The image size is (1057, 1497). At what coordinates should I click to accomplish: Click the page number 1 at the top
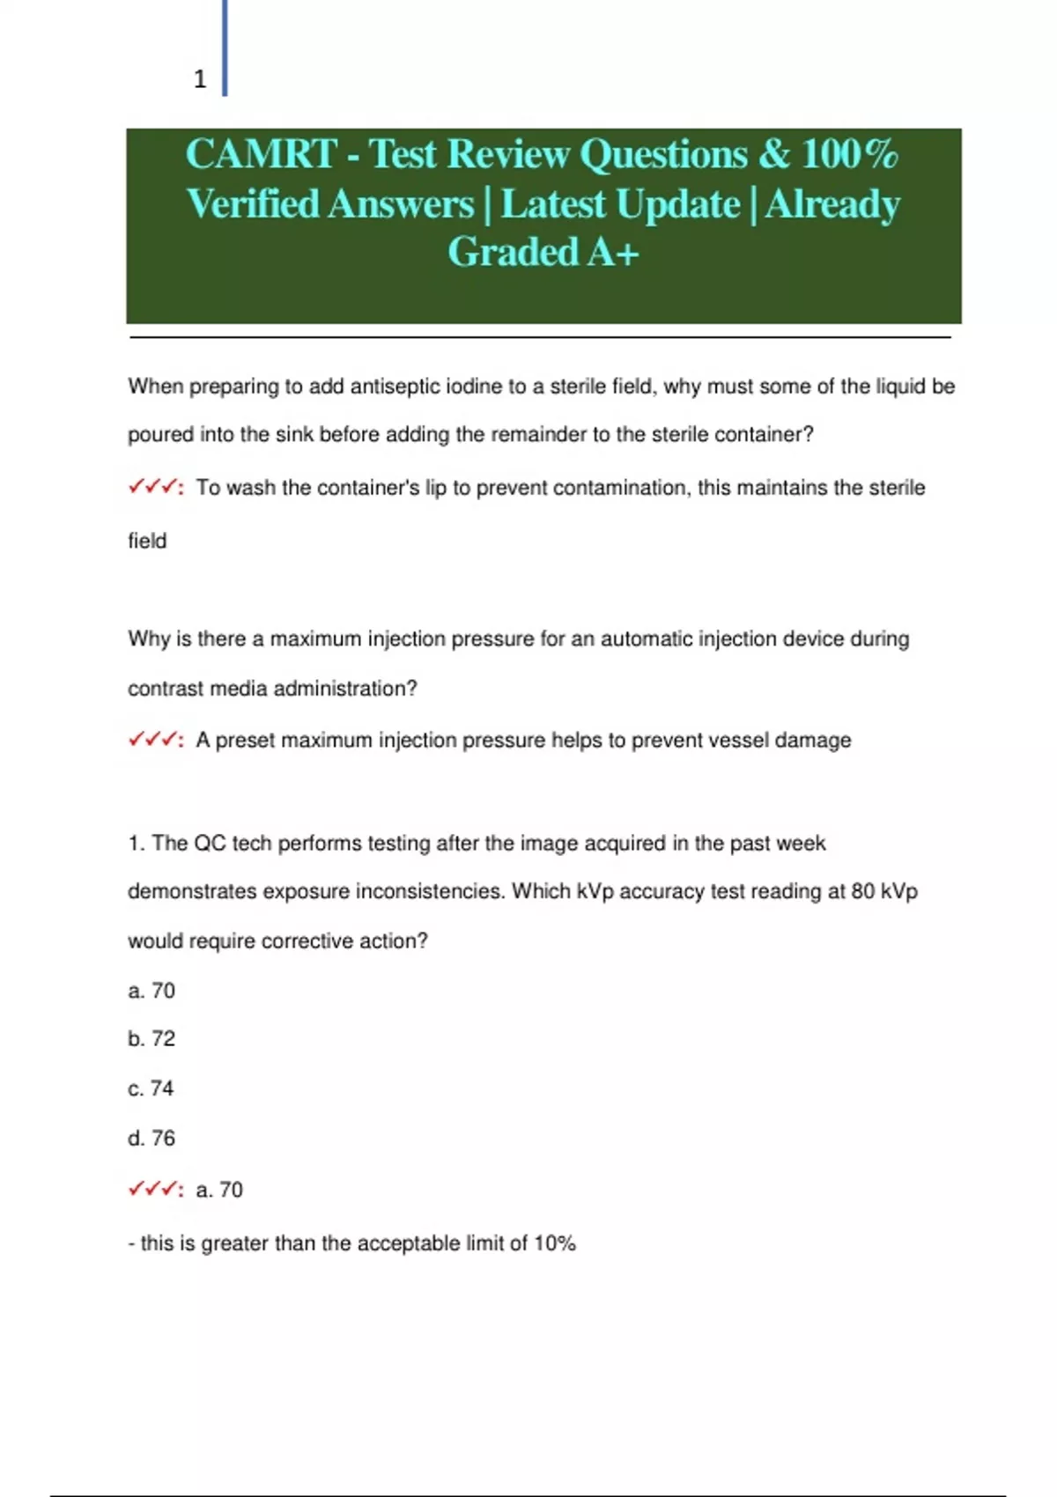(x=200, y=79)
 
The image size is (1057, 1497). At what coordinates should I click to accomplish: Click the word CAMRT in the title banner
(x=261, y=154)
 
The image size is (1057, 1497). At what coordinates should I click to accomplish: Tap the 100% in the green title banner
(x=849, y=154)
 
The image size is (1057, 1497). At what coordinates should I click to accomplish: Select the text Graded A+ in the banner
(x=543, y=253)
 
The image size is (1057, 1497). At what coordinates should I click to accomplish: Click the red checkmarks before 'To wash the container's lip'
(x=154, y=487)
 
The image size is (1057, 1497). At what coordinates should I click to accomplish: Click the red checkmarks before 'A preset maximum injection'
(x=154, y=740)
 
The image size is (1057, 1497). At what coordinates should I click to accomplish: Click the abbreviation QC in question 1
(x=210, y=844)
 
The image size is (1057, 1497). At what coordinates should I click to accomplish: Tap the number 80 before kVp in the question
(x=862, y=892)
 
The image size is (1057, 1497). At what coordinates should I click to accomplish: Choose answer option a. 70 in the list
(x=152, y=991)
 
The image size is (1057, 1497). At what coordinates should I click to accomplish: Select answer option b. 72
(x=152, y=1039)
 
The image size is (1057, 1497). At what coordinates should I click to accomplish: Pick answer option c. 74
(x=152, y=1088)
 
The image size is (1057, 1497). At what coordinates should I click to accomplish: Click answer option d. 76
(x=152, y=1139)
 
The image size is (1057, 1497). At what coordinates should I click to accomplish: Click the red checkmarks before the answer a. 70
(x=154, y=1190)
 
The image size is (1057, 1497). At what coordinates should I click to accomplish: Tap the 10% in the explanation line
(x=554, y=1243)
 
